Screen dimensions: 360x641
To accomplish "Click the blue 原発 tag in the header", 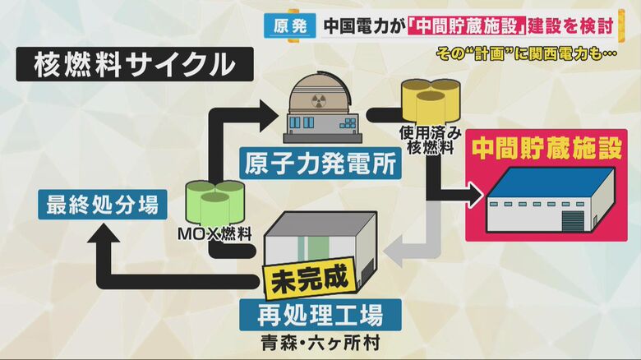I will click(289, 26).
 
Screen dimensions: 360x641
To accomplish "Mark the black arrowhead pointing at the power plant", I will click(265, 108).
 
